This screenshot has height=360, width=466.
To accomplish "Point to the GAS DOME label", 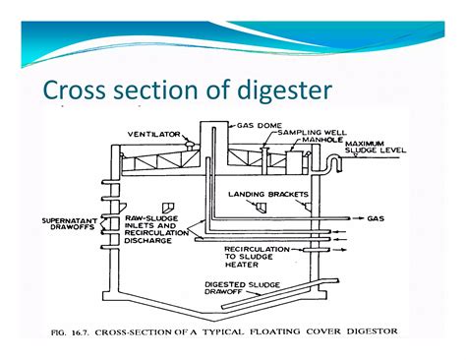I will pos(257,125).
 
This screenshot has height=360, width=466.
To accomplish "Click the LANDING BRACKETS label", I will pos(263,194).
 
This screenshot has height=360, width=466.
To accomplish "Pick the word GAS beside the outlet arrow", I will pos(376,217).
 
